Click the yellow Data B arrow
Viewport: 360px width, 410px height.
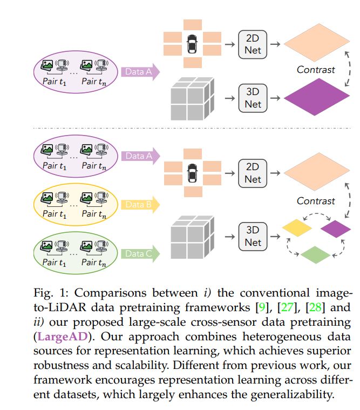coord(140,205)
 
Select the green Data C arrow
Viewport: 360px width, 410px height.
coord(140,254)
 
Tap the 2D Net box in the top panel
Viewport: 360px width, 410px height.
coord(253,44)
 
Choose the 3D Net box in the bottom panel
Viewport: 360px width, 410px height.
coord(253,237)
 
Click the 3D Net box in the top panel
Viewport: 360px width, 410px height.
coord(253,98)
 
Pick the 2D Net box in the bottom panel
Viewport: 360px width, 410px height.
coord(253,173)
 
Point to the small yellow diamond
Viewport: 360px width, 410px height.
coord(297,228)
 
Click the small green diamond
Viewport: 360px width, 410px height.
coord(316,254)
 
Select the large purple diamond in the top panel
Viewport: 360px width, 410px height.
coord(317,97)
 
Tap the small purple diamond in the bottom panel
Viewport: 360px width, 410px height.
coord(336,229)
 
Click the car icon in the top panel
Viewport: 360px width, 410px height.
coord(192,44)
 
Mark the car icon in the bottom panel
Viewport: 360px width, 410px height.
coord(193,173)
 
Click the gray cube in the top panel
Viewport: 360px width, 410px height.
coord(193,99)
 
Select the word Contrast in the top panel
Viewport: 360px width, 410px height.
coord(316,70)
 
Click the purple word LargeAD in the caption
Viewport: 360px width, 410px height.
coord(63,337)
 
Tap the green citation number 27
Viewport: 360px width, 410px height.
coord(287,307)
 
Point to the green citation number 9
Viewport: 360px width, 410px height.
coord(262,307)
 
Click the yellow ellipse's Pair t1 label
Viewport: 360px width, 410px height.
coord(55,214)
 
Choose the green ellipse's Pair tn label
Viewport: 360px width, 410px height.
coord(94,263)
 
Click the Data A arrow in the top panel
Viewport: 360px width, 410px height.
coord(140,72)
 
